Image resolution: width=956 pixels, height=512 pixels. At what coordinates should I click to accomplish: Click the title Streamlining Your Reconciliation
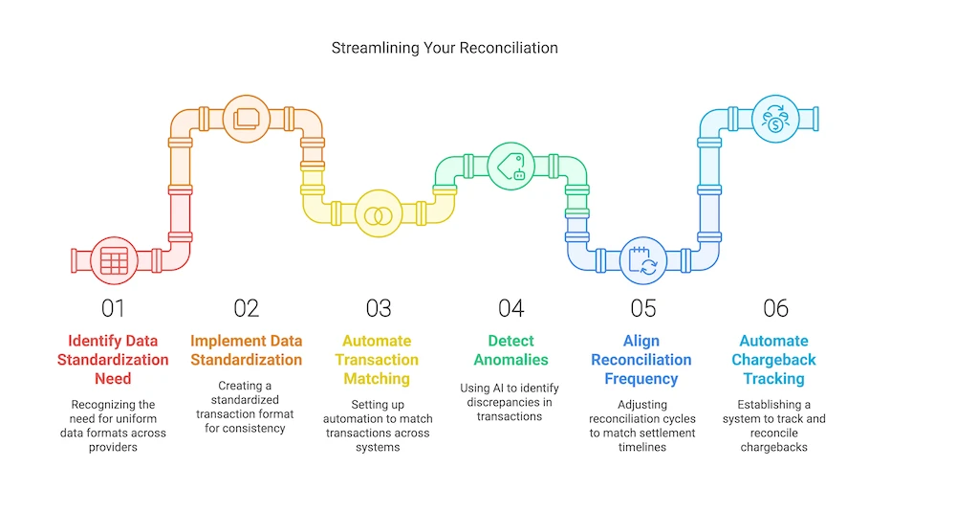(x=445, y=47)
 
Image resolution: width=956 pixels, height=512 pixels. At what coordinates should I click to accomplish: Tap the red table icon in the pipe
(x=114, y=260)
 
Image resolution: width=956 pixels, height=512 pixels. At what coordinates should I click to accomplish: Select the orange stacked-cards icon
(x=246, y=119)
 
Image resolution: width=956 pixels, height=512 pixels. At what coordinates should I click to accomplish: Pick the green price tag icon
(x=510, y=165)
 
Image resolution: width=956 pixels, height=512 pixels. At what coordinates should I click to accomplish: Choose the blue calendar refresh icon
(x=641, y=260)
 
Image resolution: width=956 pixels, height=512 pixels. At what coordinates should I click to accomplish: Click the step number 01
(x=113, y=308)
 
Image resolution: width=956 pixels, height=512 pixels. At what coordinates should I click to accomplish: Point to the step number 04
(x=511, y=308)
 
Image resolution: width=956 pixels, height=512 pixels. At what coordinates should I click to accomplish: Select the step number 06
(x=775, y=308)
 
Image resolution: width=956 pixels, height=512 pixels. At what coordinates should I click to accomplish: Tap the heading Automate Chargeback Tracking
(x=773, y=360)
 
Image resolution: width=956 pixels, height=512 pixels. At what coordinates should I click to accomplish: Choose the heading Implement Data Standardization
(x=246, y=350)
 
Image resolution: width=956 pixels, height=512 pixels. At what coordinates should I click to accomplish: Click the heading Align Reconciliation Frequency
(x=641, y=360)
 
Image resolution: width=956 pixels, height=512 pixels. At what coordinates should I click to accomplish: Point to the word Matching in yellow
(x=378, y=379)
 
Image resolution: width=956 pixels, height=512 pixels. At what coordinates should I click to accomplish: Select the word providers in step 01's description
(x=112, y=447)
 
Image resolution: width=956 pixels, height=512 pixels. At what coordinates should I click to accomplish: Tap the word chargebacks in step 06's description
(x=773, y=447)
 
